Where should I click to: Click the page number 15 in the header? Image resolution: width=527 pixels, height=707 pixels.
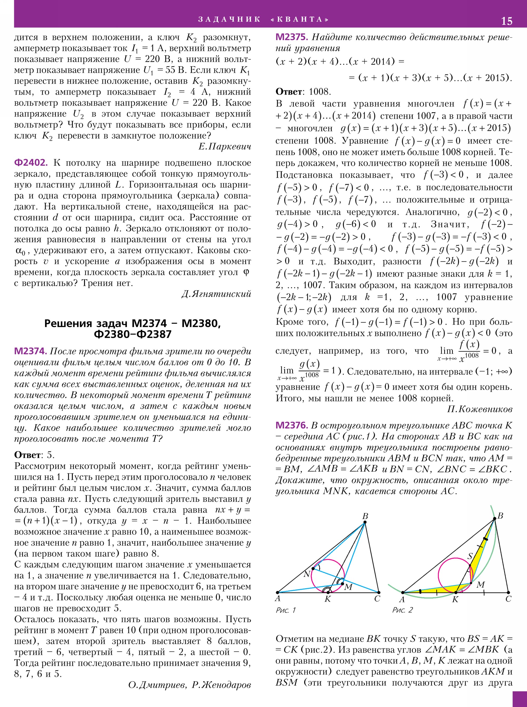point(507,21)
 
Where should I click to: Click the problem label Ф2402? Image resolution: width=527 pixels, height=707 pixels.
point(31,163)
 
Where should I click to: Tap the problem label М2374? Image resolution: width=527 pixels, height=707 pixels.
point(31,351)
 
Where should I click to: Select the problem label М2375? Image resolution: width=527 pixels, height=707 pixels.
point(292,37)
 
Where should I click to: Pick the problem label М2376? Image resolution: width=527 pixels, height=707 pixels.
point(292,425)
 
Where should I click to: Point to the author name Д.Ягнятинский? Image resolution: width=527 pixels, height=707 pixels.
point(216,294)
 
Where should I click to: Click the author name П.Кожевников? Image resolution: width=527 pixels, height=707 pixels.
point(480,409)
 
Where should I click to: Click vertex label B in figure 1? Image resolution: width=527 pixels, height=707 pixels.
point(365,516)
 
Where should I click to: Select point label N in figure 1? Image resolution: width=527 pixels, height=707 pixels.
point(306,574)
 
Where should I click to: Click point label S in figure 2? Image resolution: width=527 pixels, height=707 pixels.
point(470,556)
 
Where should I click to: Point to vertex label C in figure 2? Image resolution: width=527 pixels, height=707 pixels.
point(508,599)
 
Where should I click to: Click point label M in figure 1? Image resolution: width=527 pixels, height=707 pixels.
point(348,587)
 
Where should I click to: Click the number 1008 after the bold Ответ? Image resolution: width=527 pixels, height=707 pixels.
point(320,92)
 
